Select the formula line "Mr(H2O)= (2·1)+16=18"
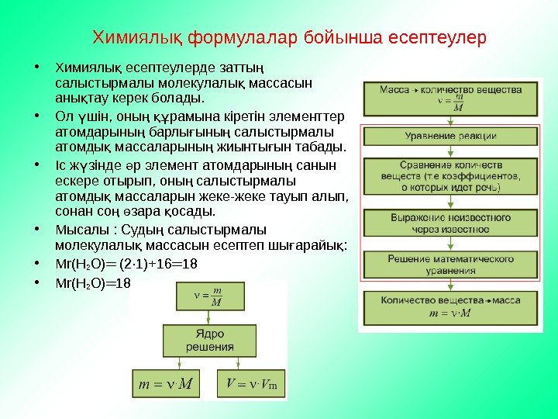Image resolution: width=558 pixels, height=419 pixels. pos(127,264)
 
